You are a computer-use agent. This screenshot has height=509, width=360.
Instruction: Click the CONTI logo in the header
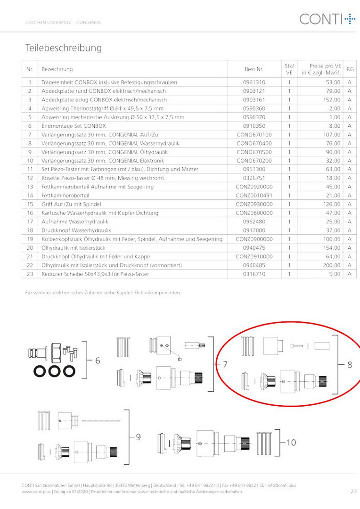coord(327,19)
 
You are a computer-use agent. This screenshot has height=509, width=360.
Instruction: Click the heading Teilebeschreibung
coord(64,48)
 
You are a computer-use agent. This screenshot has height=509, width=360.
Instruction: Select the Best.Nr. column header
coord(254,69)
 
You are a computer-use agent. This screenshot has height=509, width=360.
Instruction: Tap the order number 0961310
coord(254,82)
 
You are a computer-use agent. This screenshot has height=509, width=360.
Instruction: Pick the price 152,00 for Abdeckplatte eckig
coord(332,99)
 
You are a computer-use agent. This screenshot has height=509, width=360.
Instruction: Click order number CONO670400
coord(254,143)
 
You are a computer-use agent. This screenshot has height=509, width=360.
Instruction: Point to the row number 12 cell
coord(30,178)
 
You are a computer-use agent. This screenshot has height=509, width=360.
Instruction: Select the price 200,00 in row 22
coord(332,265)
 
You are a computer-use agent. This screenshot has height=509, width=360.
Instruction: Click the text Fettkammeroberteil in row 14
coord(65,196)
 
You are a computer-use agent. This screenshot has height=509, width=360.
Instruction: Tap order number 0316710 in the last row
coord(254,274)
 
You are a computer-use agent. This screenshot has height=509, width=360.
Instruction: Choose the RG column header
coord(350,69)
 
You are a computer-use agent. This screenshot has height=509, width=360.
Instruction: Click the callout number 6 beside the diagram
coord(98,361)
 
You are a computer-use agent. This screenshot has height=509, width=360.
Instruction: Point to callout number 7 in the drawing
coord(225,364)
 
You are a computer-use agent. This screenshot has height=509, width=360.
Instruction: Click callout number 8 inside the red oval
coord(350,365)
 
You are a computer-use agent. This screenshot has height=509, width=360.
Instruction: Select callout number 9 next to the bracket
coord(138,437)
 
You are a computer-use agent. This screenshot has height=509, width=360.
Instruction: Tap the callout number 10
coord(291,443)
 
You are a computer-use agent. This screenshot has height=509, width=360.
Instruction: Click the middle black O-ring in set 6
coord(54,371)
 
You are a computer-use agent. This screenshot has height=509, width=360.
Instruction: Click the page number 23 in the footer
coord(353,492)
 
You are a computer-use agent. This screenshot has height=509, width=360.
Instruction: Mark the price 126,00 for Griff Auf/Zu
coord(332,204)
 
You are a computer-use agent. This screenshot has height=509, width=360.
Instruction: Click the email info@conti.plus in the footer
coord(282,485)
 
